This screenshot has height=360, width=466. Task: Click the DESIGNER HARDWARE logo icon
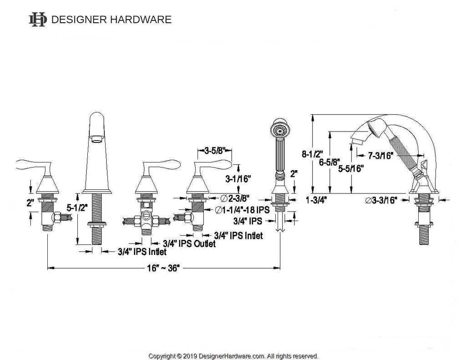pos(37,20)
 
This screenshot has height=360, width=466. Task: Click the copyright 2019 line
pos(233,355)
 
